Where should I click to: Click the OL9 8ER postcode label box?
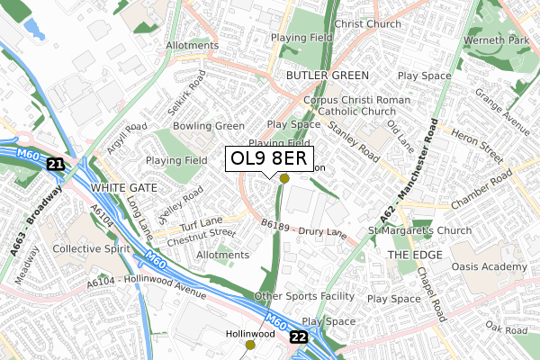point(270,158)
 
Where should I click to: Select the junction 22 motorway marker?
point(299,336)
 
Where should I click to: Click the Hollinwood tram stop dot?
point(250,344)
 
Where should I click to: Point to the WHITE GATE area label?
point(123,187)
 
